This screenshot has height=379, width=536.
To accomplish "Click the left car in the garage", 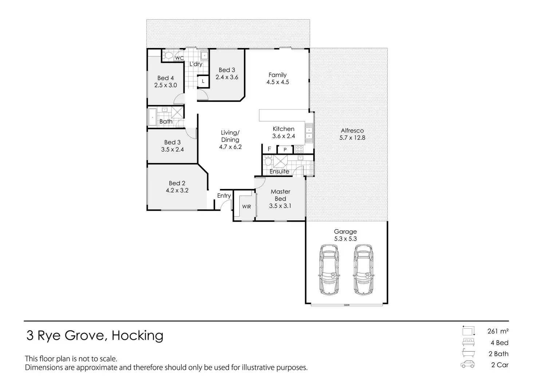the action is coord(329,269).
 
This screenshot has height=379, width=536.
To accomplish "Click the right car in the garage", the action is coord(363,269).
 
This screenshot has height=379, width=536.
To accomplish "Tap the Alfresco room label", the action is coord(352,131).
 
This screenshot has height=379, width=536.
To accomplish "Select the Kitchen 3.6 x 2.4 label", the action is coord(284,133).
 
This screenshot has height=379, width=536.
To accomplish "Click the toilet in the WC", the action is coord(169,56).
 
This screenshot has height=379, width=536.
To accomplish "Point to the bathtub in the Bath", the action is coord(152,117).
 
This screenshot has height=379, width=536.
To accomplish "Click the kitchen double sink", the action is coord(309,133).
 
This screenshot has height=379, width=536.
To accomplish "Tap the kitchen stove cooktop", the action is coord(299,149).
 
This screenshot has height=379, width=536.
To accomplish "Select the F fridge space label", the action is coord(269,149).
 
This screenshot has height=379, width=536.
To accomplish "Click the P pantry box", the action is coord(285,150).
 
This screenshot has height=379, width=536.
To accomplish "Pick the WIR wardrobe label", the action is coord(247,206).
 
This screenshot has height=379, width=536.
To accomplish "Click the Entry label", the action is coord(224,196).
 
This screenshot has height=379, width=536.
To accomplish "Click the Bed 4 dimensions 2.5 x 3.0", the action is coord(166,85).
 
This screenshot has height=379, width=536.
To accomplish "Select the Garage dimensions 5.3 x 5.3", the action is coord(346,239).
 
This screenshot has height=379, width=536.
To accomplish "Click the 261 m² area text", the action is coord(498,331).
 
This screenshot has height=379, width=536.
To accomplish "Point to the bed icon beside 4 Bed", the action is coord(468,342).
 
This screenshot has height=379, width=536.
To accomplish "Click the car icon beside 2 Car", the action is coord(468,365).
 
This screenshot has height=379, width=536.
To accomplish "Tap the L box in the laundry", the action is coord(203,81).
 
